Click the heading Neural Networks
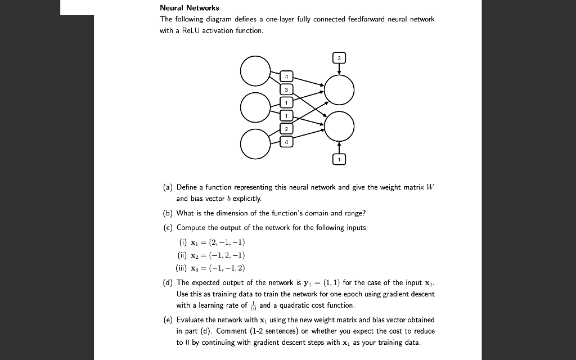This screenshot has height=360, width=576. click(x=190, y=8)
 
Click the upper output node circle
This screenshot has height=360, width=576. click(x=339, y=90)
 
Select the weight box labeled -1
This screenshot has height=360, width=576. click(x=286, y=76)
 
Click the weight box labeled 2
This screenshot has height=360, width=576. click(x=286, y=129)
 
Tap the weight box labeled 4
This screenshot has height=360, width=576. click(x=286, y=142)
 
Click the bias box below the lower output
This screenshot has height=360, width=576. click(x=339, y=160)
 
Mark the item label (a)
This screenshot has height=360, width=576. click(x=166, y=187)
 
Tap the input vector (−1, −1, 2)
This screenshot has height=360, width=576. click(x=221, y=268)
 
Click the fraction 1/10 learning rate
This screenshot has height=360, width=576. click(x=253, y=305)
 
